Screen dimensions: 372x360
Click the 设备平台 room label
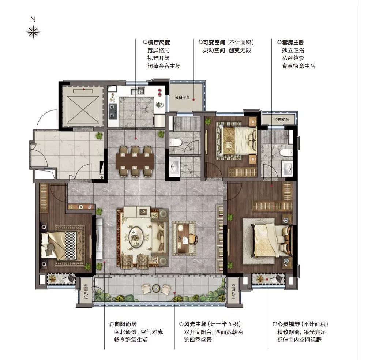(x=182, y=97)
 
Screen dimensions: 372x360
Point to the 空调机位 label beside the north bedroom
(x=282, y=120)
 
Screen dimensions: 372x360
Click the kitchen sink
(x=138, y=90)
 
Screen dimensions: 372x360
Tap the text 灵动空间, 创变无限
(x=227, y=50)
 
